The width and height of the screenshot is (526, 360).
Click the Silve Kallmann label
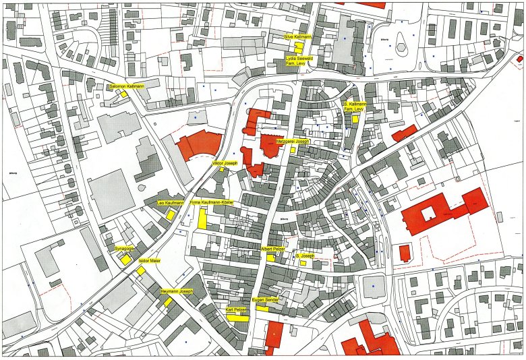coord(297,36)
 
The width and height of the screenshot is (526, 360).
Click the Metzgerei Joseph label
coord(293,142)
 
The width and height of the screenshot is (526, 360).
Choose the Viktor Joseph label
coord(225,164)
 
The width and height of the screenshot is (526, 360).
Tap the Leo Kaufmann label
coord(170,203)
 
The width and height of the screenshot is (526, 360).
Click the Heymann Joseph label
coord(177,291)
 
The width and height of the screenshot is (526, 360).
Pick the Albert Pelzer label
coord(273,249)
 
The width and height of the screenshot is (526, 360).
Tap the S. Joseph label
coord(305,256)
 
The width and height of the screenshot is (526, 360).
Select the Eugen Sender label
coord(265,299)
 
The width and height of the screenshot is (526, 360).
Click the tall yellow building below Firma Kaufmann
coord(202,218)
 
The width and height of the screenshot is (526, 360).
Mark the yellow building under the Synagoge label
coord(125,260)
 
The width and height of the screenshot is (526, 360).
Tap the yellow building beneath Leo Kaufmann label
coord(171,215)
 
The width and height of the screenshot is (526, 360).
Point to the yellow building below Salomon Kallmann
coord(124,94)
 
